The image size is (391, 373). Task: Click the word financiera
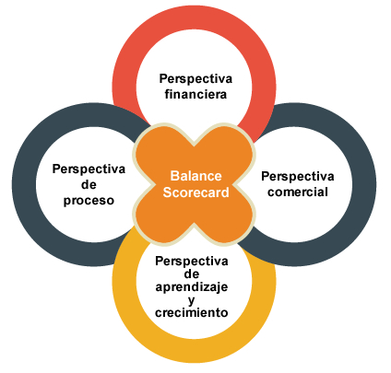coord(195,94)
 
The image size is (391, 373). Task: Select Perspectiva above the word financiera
coord(195,79)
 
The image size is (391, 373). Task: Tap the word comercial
coord(298,192)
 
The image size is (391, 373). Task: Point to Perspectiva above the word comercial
coord(298,177)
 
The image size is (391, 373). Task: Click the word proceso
coord(89,201)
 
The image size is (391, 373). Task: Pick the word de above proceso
coord(89,184)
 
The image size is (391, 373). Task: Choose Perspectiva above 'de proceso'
coord(89,169)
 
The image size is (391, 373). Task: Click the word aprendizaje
coord(192,287)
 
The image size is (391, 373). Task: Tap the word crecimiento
coord(192,312)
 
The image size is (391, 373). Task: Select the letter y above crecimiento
coord(192,300)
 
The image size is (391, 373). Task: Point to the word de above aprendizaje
coord(192,274)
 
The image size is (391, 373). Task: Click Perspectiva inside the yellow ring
coord(192,262)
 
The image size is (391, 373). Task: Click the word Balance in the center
coord(195,176)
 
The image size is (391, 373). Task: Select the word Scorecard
coord(195,192)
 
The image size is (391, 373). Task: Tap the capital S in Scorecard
coord(167,192)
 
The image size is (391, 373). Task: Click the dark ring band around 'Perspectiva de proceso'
coord(24,184)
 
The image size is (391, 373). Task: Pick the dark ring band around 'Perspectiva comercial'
coord(364,184)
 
